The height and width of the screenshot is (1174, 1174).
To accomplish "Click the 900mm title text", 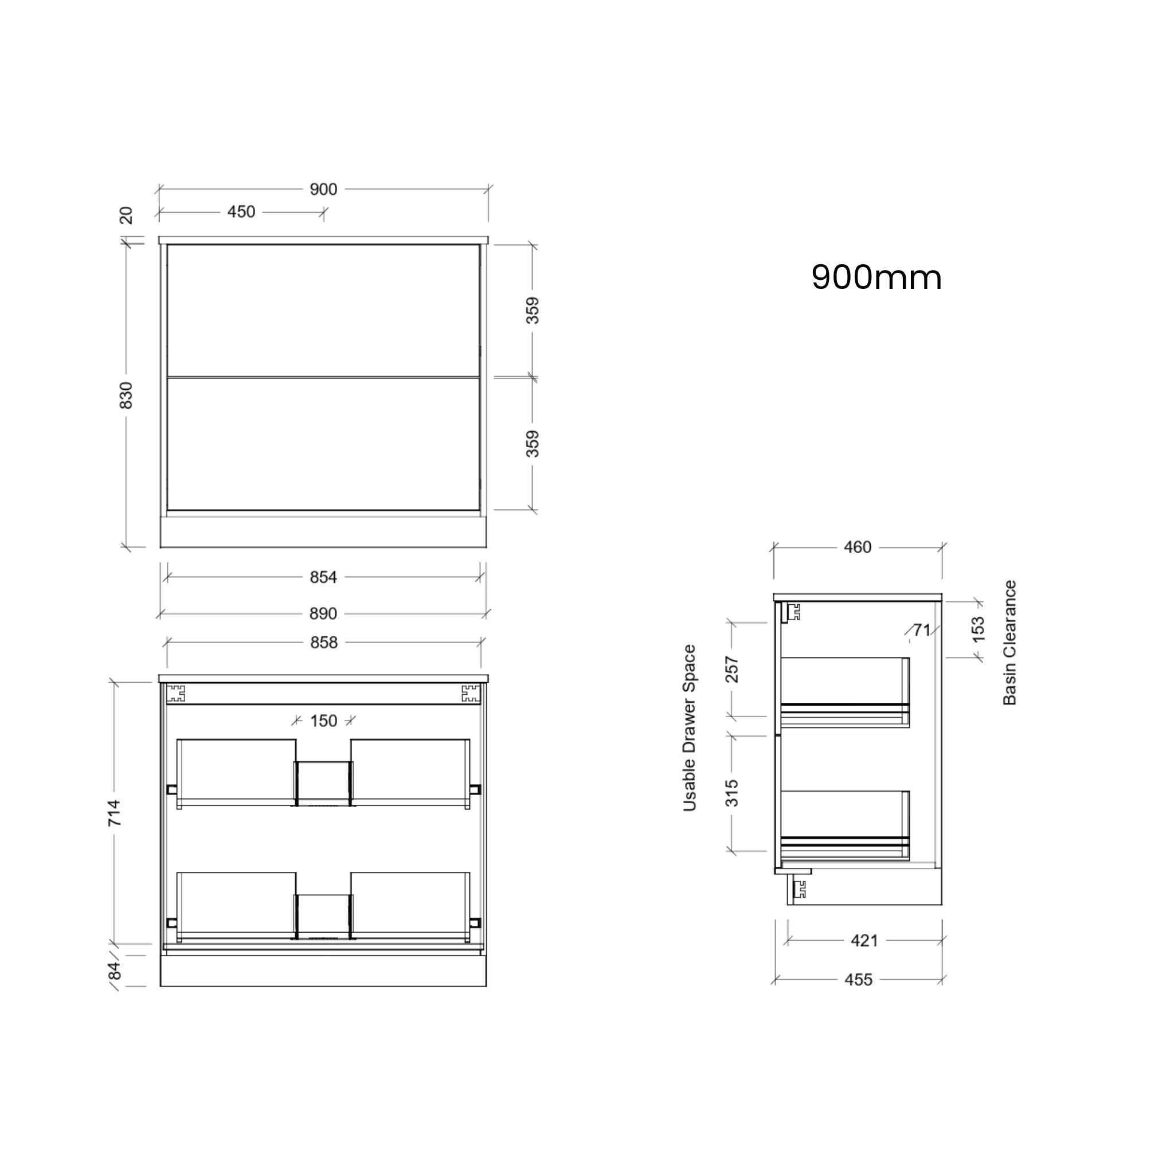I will [876, 277].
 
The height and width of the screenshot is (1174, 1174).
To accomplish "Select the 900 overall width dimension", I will [323, 190].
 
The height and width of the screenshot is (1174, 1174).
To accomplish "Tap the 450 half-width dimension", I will [241, 212].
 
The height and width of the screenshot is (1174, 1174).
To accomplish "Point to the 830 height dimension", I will [126, 395].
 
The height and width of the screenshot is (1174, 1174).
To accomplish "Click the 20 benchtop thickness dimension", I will [126, 216].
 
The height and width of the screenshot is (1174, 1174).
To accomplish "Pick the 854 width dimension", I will [323, 577].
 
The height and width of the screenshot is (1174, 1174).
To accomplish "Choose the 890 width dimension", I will [323, 614].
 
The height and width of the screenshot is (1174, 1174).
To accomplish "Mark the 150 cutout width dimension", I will [323, 721].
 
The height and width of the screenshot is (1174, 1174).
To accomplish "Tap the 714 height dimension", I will [114, 813].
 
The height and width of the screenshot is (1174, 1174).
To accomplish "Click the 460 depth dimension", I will [858, 547].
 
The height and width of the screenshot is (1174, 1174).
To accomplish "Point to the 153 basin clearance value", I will [978, 629].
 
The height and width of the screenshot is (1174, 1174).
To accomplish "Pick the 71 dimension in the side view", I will [922, 630].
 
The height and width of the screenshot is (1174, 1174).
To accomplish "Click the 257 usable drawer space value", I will [732, 670].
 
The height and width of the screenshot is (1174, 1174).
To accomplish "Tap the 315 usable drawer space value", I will [732, 793].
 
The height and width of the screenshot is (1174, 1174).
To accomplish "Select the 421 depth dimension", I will [864, 941].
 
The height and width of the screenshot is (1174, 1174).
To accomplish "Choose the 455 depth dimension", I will [858, 980].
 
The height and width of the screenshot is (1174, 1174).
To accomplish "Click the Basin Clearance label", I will [1009, 643].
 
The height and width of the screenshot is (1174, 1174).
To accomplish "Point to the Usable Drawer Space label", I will [689, 728].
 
